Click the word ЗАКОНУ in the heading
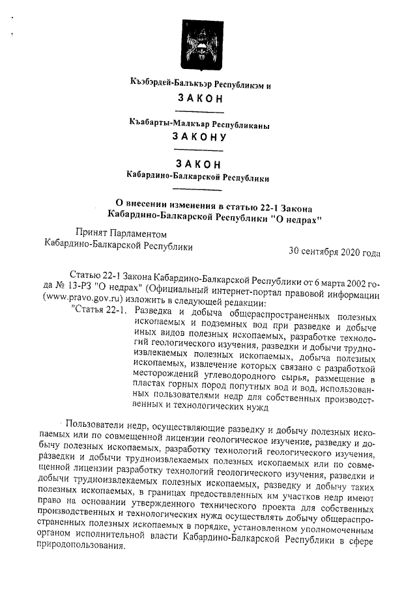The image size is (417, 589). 199,137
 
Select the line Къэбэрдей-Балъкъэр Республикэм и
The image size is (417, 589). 199,84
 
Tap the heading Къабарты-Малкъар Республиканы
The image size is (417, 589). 199,123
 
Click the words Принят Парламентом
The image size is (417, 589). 121,234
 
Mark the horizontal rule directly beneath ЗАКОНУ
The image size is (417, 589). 199,150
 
